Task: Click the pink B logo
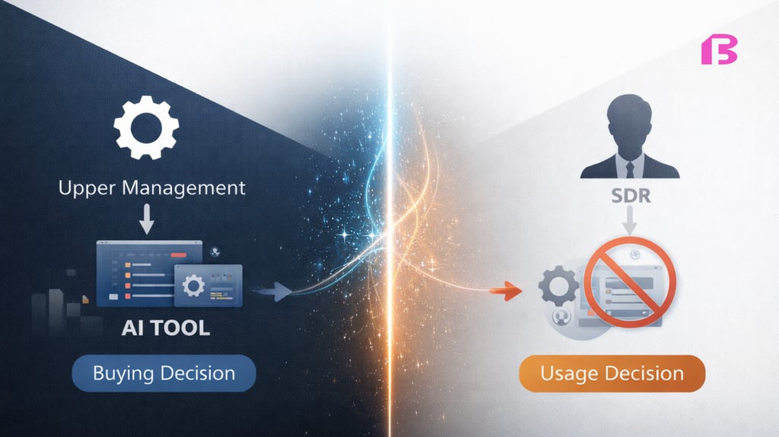[718, 51]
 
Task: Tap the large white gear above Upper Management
[147, 127]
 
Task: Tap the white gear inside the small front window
[195, 287]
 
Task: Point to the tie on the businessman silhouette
[629, 167]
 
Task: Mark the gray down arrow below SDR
[629, 222]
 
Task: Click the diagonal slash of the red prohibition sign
[628, 282]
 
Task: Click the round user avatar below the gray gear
[564, 320]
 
